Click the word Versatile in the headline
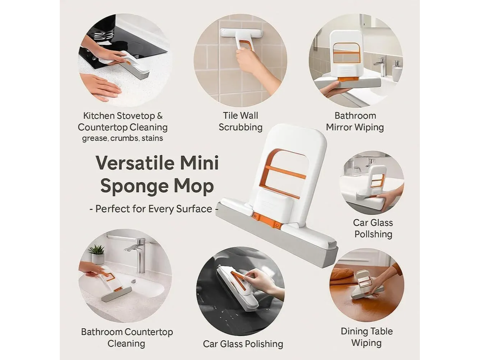pyautogui.click(x=135, y=163)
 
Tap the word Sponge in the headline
pyautogui.click(x=134, y=186)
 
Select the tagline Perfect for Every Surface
pyautogui.click(x=154, y=209)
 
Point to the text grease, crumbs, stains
pyautogui.click(x=122, y=138)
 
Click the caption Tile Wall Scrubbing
pyautogui.click(x=241, y=121)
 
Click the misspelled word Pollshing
pyautogui.click(x=373, y=234)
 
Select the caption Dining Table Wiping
pyautogui.click(x=367, y=337)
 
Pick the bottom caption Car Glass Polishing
pyautogui.click(x=243, y=344)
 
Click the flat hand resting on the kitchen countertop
pyautogui.click(x=100, y=87)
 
